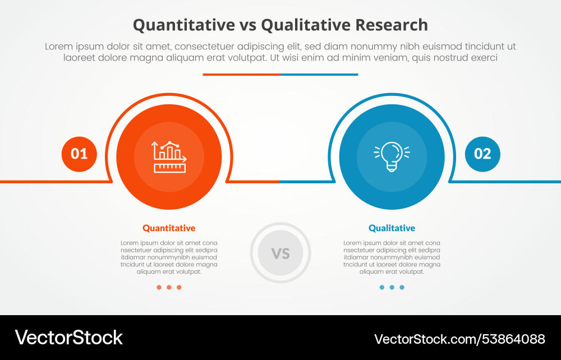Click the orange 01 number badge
tap(79, 154)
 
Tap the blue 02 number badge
tap(482, 154)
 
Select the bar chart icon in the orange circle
tap(169, 157)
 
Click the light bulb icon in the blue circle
tap(392, 156)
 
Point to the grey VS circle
tap(280, 253)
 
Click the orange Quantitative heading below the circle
tap(169, 228)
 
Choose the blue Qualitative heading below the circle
tap(392, 228)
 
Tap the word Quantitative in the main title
tap(183, 25)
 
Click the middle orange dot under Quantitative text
tap(169, 287)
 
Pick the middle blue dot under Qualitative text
tap(392, 287)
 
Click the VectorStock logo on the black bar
tap(68, 338)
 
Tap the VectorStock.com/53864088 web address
tap(459, 339)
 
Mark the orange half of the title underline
tap(241, 74)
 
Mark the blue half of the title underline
tap(319, 74)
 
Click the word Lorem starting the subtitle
tap(58, 47)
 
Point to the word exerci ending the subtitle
tap(483, 58)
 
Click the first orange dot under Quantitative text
tap(159, 287)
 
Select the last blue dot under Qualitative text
tap(402, 287)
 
